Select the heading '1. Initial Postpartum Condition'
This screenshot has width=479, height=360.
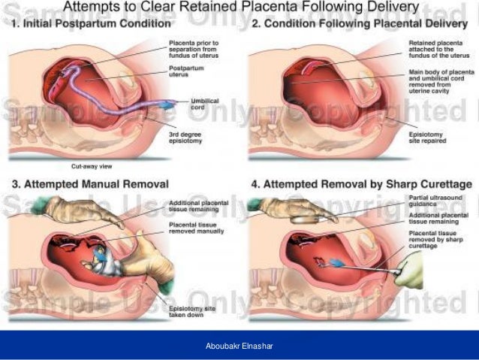coord(93,23)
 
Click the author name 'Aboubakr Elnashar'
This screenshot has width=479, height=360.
coord(239,346)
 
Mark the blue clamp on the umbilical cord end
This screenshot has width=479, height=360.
coord(172,101)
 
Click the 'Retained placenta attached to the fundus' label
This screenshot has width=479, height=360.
coord(432,51)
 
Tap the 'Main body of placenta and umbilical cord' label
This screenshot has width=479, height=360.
coord(433,81)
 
